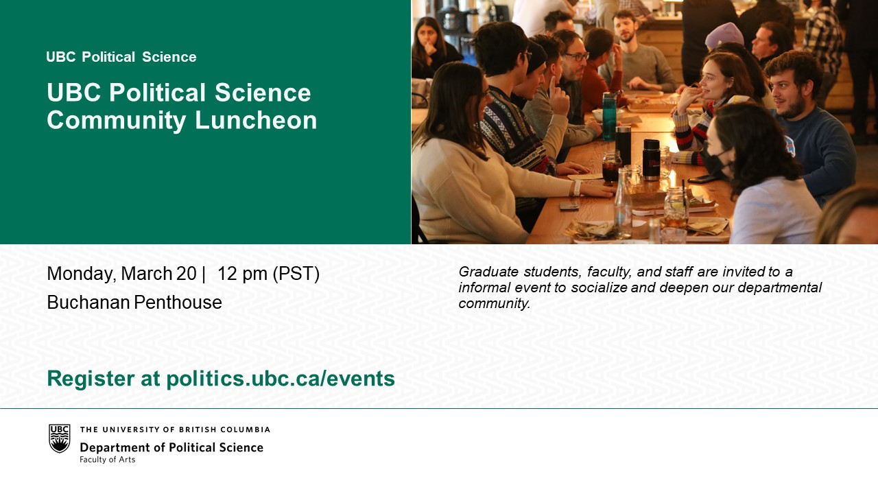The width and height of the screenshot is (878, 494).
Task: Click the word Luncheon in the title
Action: [256, 119]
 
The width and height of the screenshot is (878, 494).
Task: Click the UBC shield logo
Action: [60, 438]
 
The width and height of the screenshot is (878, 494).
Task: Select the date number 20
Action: [186, 273]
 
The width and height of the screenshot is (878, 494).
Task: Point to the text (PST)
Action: [296, 274]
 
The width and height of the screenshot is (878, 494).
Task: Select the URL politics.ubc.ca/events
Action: [281, 379]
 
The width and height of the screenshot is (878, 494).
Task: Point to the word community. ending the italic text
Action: [495, 303]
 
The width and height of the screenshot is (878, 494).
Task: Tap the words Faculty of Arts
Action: [108, 460]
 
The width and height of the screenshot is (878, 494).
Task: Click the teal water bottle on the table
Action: [609, 117]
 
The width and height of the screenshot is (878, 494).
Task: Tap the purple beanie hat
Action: [724, 34]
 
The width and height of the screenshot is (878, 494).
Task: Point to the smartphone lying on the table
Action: [569, 205]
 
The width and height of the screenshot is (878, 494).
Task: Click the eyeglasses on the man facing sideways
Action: [576, 57]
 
